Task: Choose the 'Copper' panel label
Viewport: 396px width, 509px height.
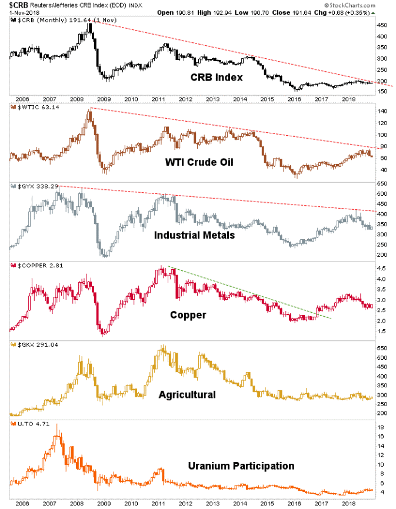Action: point(188,315)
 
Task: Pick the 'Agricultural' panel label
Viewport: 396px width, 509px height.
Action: point(187,394)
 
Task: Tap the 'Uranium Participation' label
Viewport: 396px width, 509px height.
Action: point(241,466)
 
